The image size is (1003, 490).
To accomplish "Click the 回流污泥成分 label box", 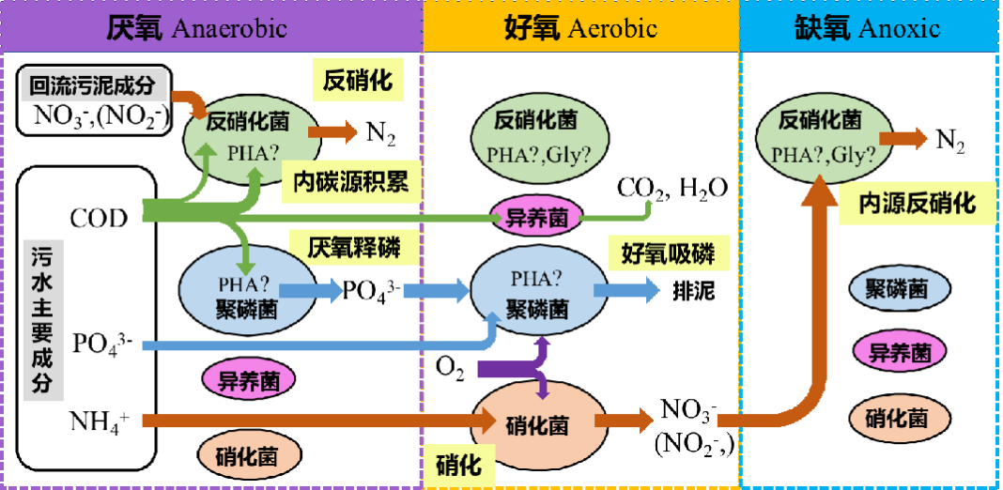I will [92, 86].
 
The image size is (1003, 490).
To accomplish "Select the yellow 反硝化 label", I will [357, 80].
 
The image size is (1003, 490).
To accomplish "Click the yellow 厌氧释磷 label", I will [353, 247].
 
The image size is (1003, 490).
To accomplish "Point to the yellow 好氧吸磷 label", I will [668, 253].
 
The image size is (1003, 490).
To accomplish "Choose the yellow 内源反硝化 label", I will [917, 204].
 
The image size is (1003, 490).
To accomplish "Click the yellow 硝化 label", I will [459, 465].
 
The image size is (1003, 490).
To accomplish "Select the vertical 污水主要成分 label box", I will [42, 320].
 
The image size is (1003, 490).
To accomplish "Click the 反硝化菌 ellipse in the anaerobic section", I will [247, 136].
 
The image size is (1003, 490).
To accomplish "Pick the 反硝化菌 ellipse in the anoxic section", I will [820, 136].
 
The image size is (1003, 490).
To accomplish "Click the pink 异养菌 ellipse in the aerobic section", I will [536, 219].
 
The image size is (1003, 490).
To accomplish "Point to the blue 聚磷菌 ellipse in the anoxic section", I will [896, 289].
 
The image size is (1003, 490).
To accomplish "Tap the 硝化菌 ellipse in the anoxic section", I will [896, 419].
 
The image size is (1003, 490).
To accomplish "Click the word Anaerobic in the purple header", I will [229, 28].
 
